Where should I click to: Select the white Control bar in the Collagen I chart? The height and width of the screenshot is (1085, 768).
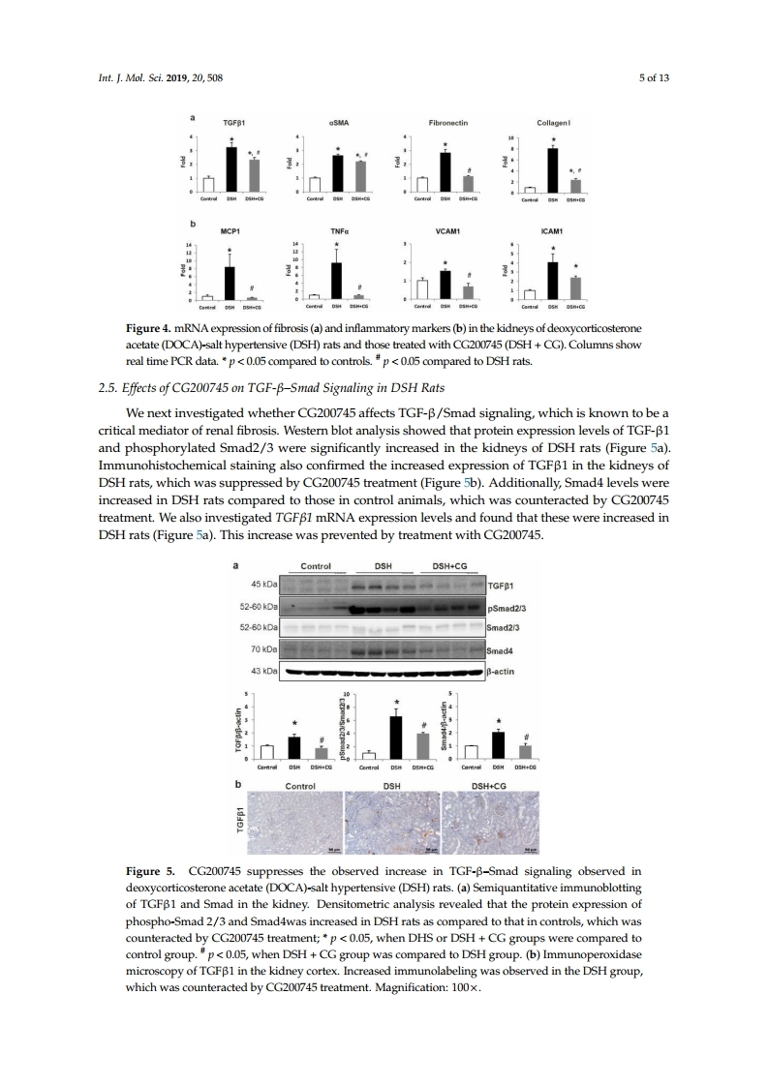tap(530, 190)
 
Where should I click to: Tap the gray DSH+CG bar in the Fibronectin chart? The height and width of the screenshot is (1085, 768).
tap(468, 184)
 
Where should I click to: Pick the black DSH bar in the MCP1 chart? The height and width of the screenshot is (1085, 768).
tap(230, 284)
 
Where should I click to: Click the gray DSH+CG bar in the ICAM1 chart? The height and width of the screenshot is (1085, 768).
tap(575, 288)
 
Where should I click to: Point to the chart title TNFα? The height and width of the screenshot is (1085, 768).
tap(338, 232)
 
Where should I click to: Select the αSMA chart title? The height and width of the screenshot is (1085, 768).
tap(338, 124)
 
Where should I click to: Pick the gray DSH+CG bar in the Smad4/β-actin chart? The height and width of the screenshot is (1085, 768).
tap(526, 751)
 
